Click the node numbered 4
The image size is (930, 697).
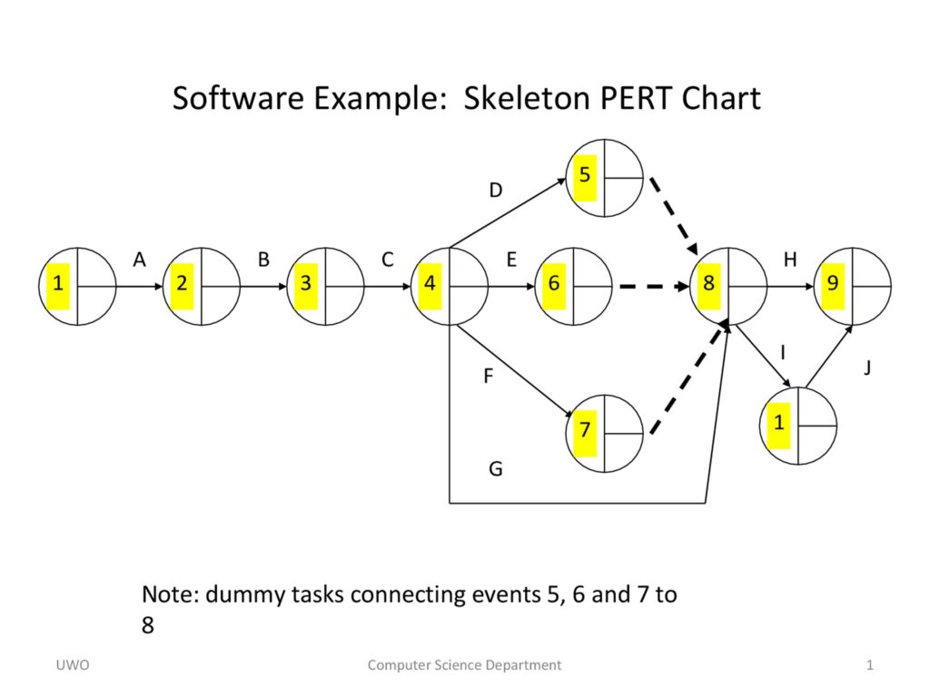tap(450, 285)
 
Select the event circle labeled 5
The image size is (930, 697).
tap(605, 178)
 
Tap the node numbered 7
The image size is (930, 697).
tap(605, 432)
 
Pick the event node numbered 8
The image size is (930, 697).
tap(729, 285)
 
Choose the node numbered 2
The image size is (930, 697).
tap(202, 285)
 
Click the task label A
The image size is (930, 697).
tap(139, 260)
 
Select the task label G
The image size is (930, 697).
tap(495, 469)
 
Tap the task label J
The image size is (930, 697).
tap(867, 368)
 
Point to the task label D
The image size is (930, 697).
tap(495, 191)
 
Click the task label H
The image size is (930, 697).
tap(790, 260)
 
